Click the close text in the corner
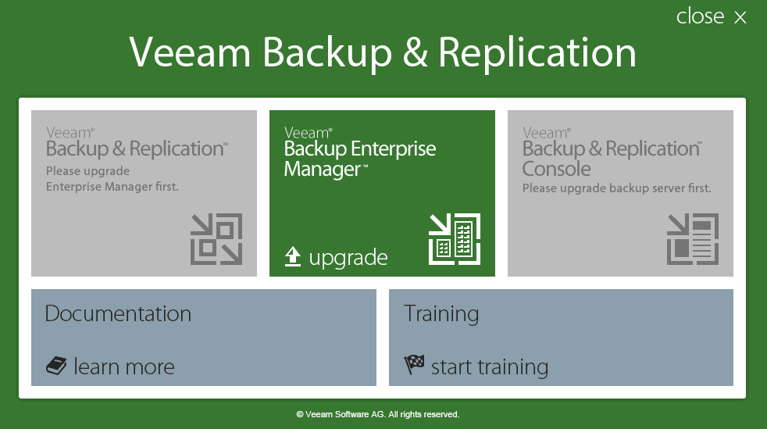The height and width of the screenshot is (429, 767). tap(700, 16)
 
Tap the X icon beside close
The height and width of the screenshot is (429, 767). tap(740, 18)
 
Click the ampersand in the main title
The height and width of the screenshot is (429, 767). tap(416, 52)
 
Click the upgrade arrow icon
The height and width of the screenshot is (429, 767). tap(293, 257)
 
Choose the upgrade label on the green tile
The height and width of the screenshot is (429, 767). tap(348, 258)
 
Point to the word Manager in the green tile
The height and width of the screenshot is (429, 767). tap(323, 170)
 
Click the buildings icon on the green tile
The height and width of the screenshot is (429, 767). tap(455, 238)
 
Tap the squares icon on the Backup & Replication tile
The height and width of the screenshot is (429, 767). tap(216, 238)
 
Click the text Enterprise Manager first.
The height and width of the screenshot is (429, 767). tap(112, 187)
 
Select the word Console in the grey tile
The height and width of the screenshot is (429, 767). tap(556, 170)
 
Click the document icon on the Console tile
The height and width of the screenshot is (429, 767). tap(693, 238)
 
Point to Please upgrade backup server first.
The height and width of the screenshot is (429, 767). tap(616, 188)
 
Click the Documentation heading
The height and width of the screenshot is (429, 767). tap(118, 313)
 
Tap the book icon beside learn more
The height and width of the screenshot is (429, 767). tap(56, 366)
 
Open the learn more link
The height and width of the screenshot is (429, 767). tap(123, 366)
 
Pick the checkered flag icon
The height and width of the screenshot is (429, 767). tap(414, 365)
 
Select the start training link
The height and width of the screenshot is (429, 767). tap(490, 367)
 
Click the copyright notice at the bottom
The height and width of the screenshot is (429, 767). tap(377, 414)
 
